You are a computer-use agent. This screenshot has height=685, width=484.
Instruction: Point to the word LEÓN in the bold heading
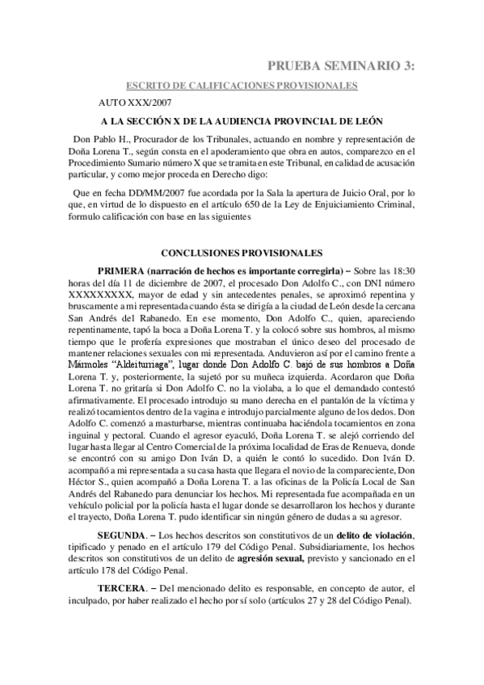click(x=359, y=122)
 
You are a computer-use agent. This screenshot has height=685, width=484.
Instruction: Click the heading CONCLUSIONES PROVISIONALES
click(x=242, y=253)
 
